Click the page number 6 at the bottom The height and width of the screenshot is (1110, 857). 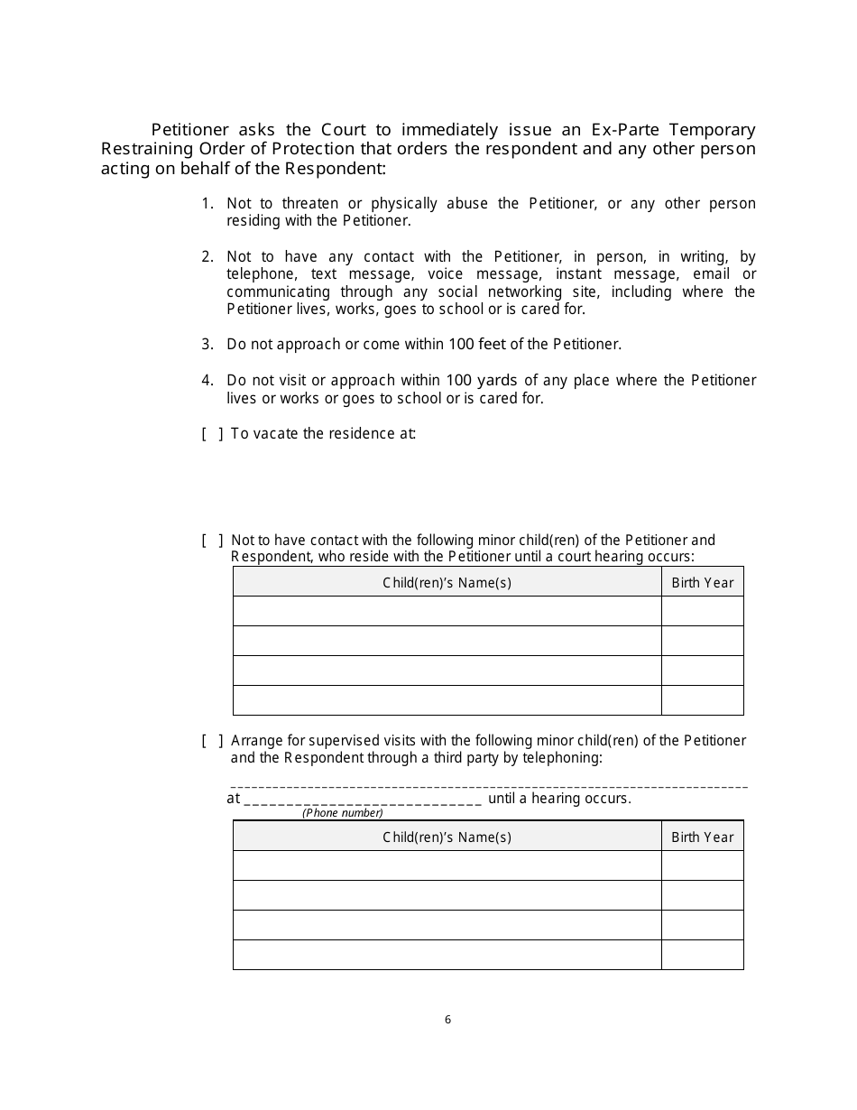click(x=447, y=1020)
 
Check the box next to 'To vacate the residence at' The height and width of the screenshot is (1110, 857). click(x=212, y=434)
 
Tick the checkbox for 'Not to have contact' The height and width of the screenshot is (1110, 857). click(x=212, y=541)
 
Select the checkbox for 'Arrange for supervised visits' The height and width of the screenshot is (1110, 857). click(x=212, y=741)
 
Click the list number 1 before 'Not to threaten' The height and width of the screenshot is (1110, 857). click(x=207, y=204)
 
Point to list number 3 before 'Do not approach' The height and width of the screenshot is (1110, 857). click(x=207, y=344)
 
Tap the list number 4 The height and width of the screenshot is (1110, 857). click(x=207, y=381)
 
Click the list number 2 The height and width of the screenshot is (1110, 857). click(x=207, y=257)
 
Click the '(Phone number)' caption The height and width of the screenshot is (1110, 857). click(x=342, y=813)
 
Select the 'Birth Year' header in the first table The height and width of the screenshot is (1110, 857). click(x=702, y=582)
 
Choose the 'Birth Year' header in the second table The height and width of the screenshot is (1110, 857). click(x=702, y=837)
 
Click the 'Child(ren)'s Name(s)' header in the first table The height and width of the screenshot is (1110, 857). click(x=447, y=582)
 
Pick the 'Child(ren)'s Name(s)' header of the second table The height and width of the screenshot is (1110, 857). click(x=447, y=837)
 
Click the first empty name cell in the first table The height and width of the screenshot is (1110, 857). click(x=447, y=611)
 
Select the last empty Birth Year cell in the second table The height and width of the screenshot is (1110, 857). click(x=702, y=955)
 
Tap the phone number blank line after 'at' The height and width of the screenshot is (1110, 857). click(x=363, y=800)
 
